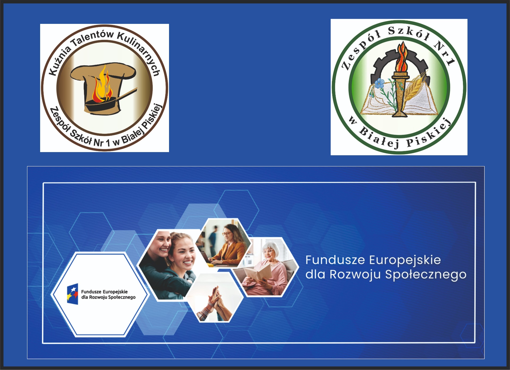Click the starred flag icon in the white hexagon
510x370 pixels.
tap(73, 294)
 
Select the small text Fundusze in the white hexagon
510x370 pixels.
tap(91, 292)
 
